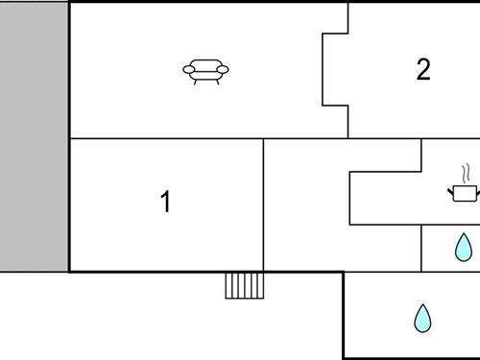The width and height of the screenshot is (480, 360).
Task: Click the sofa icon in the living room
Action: click(x=206, y=71)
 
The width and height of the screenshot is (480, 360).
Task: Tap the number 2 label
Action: click(x=423, y=70)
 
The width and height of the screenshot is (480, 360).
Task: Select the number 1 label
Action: click(x=165, y=202)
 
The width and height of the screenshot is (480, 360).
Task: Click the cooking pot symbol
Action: click(x=464, y=192)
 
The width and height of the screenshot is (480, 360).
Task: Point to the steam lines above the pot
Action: click(x=466, y=174)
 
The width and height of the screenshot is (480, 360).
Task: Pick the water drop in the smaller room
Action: click(x=463, y=248)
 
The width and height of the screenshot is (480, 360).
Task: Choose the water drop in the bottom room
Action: click(x=422, y=318)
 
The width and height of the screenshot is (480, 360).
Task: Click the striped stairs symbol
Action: click(x=245, y=285)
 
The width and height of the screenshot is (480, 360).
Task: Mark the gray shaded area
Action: click(x=34, y=134)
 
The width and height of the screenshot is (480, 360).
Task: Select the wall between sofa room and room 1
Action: click(x=165, y=138)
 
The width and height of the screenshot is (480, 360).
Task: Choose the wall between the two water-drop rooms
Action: click(x=451, y=272)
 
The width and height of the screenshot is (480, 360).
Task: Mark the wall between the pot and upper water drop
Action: click(x=451, y=225)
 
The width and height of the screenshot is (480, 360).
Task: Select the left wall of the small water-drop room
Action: click(x=421, y=248)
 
